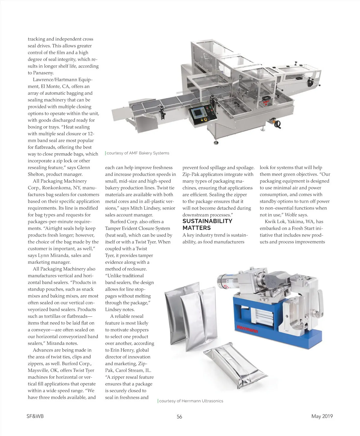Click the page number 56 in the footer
(179, 417)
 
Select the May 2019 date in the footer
(322, 416)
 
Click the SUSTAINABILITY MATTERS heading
(207, 224)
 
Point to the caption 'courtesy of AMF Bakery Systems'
(138, 153)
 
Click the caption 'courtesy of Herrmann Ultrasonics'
(191, 401)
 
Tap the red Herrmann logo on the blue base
(247, 329)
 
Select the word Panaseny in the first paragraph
(43, 73)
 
